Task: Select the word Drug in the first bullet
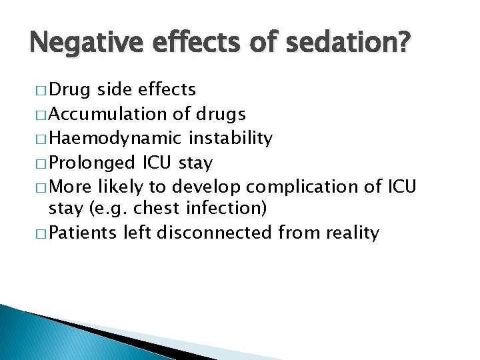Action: click(x=70, y=89)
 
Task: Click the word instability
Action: click(x=230, y=138)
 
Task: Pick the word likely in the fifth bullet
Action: click(x=117, y=186)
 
